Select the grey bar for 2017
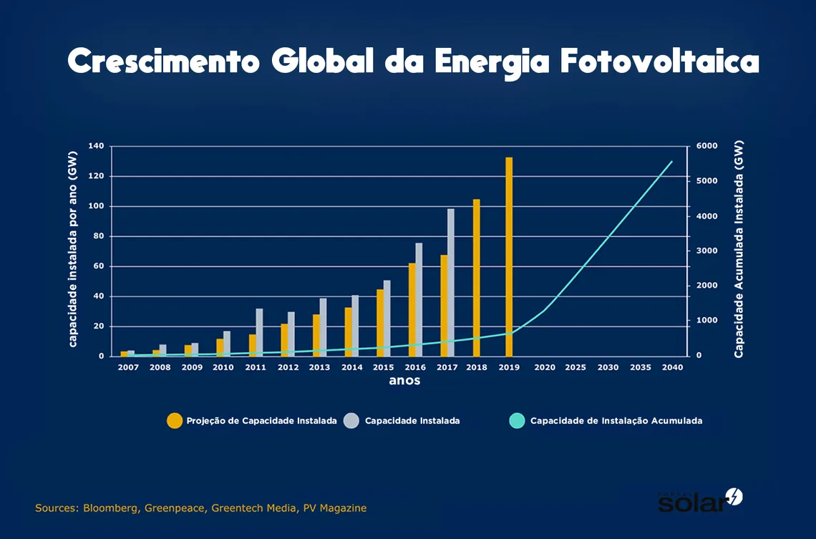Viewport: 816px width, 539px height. [x=451, y=282]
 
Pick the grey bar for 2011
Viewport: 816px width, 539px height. [x=259, y=332]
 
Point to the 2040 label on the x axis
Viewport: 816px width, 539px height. [x=672, y=367]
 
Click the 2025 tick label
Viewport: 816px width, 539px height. [x=575, y=367]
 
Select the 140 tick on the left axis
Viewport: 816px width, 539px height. [x=96, y=146]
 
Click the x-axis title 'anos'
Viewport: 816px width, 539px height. [x=404, y=381]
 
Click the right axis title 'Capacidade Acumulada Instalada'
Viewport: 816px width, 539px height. [x=739, y=249]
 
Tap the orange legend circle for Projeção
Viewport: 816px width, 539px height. [x=174, y=421]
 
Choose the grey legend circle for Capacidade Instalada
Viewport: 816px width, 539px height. [x=351, y=421]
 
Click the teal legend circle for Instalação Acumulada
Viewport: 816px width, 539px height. [x=517, y=421]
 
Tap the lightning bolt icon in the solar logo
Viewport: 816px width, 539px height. [x=734, y=496]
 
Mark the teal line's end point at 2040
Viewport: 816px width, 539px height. [x=672, y=162]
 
